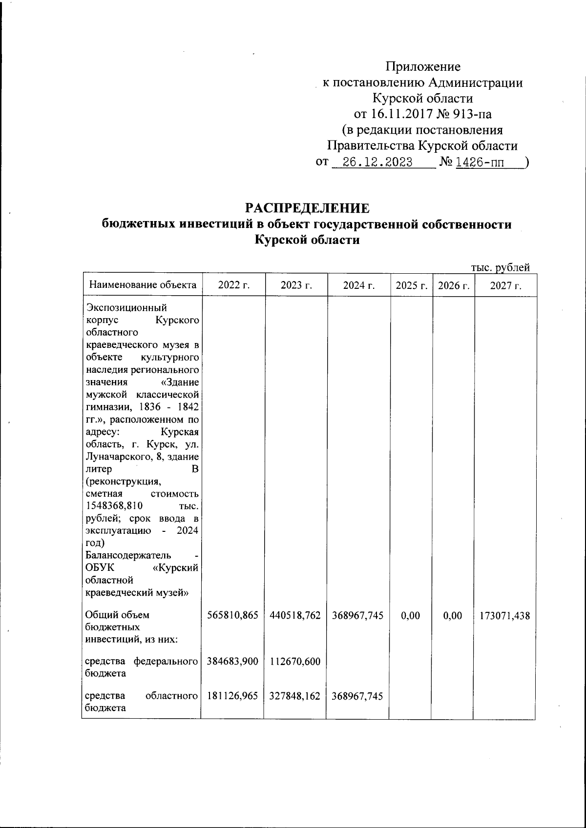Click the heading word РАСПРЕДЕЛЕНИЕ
tap(307, 208)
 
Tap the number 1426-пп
tap(481, 162)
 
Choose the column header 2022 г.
tap(233, 285)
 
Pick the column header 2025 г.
tap(411, 285)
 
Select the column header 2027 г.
tap(505, 285)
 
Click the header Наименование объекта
tap(142, 285)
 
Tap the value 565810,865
tap(232, 616)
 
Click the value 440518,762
tap(295, 616)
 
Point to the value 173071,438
tap(505, 616)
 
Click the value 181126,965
tap(232, 696)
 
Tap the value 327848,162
tap(295, 696)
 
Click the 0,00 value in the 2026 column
tap(453, 616)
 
